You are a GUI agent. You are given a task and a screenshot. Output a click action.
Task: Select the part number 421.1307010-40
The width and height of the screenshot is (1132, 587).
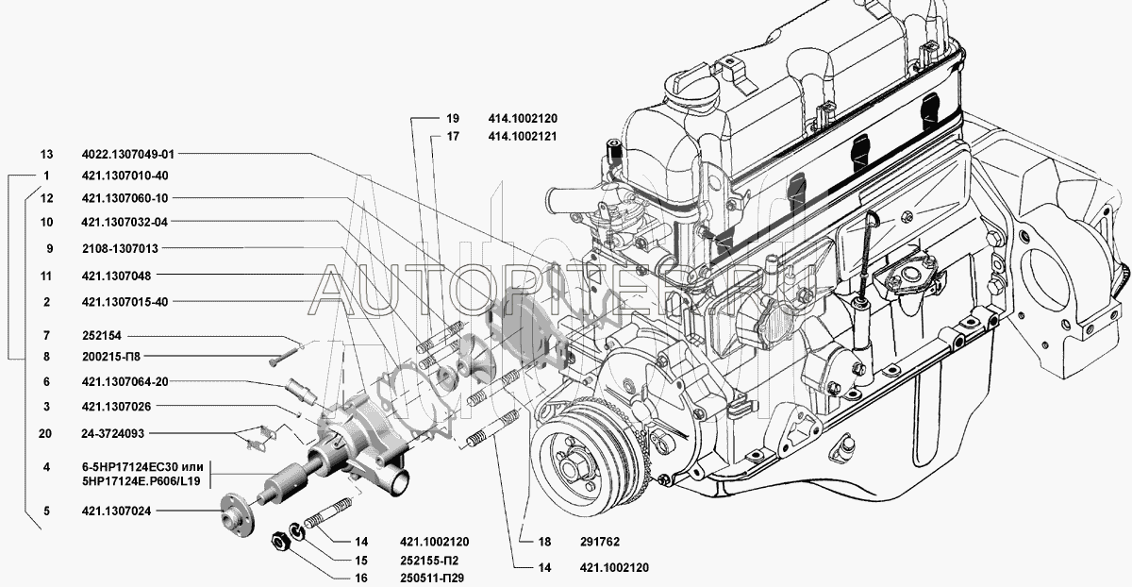[125, 176]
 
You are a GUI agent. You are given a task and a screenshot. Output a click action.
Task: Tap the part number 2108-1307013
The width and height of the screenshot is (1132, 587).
[120, 248]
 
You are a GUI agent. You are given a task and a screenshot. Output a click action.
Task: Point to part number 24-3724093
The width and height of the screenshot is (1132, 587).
[113, 435]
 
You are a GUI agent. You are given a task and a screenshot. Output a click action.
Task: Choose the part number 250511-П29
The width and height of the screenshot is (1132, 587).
[430, 578]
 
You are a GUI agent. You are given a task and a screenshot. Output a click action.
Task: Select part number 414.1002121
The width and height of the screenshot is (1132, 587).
[524, 136]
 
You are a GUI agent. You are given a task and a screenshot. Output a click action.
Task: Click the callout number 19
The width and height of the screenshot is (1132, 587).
[453, 119]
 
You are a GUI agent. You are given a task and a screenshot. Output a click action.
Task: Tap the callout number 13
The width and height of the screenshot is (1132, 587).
[46, 153]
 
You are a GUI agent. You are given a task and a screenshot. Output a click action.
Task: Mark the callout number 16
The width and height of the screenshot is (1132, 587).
[360, 578]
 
